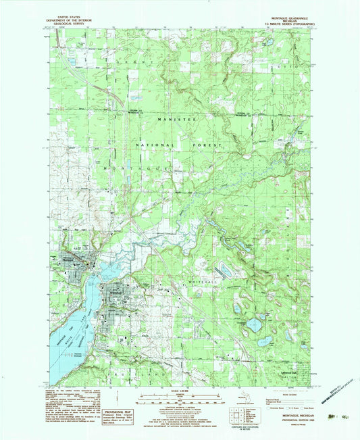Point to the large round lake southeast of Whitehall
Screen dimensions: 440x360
click(253, 324)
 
